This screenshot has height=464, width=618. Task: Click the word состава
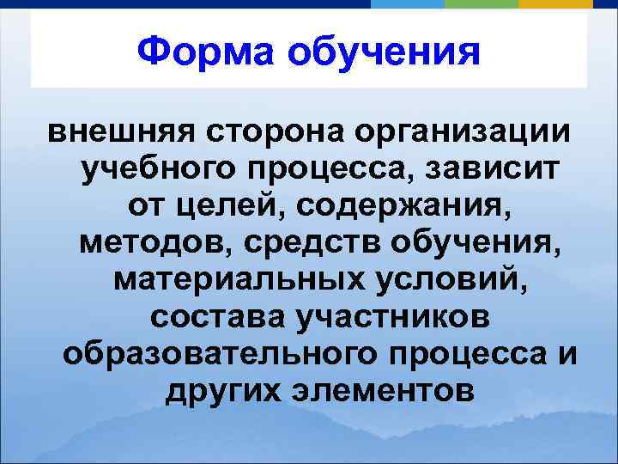coord(215,317)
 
